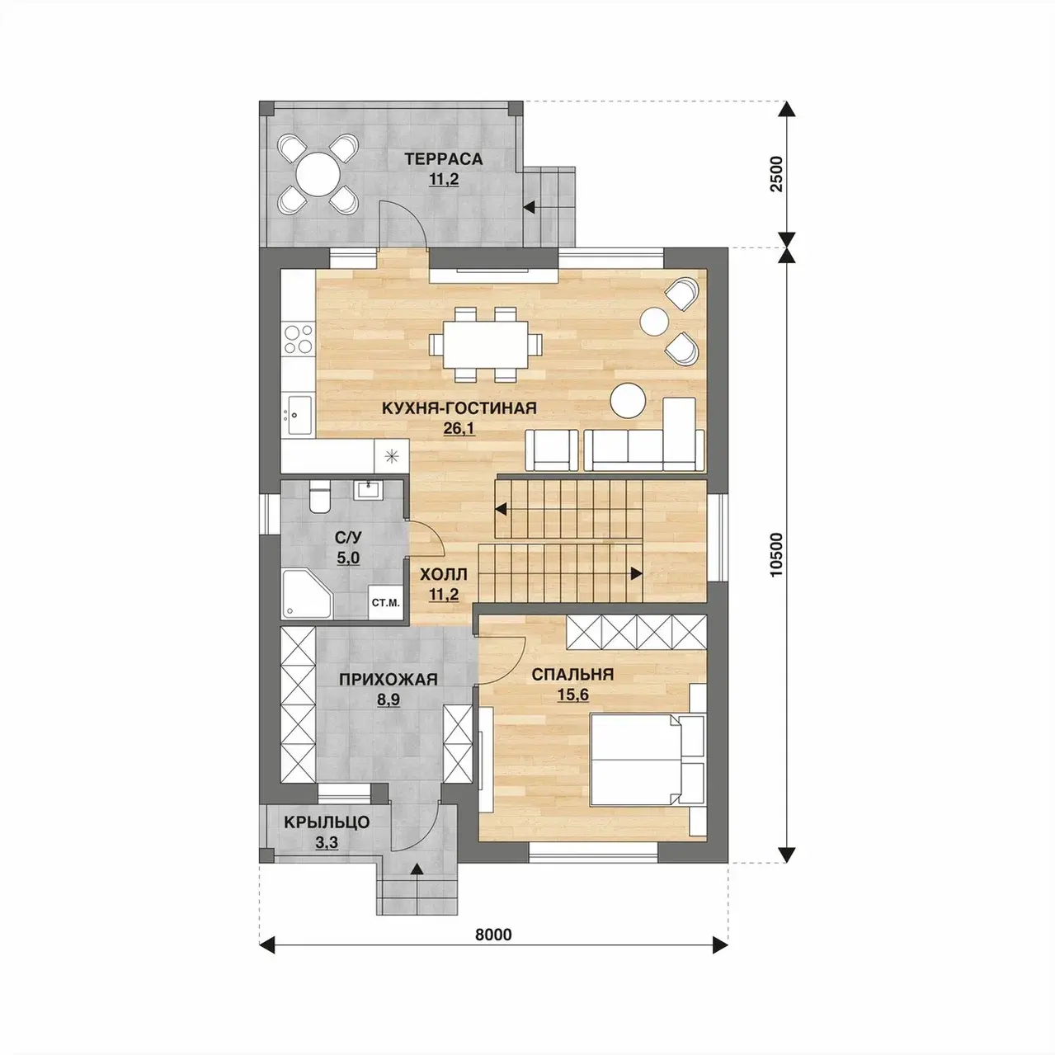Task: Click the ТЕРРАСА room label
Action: pyautogui.click(x=444, y=158)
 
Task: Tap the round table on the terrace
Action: pyautogui.click(x=318, y=175)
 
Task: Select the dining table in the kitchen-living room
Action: pyautogui.click(x=486, y=344)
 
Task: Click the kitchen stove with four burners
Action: pyautogui.click(x=298, y=340)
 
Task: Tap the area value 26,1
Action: pyautogui.click(x=459, y=428)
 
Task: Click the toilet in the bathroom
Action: pyautogui.click(x=318, y=496)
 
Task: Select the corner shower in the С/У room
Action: pyautogui.click(x=307, y=594)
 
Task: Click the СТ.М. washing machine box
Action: pyautogui.click(x=386, y=603)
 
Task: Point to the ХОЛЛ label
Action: pyautogui.click(x=444, y=574)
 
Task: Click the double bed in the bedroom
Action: pyautogui.click(x=648, y=759)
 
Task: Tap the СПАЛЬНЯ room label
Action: pyautogui.click(x=572, y=675)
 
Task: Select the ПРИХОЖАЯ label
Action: pyautogui.click(x=389, y=680)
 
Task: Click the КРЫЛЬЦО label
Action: pyautogui.click(x=327, y=837)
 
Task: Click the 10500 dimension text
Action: pyautogui.click(x=777, y=554)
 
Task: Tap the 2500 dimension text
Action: pyautogui.click(x=777, y=174)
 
